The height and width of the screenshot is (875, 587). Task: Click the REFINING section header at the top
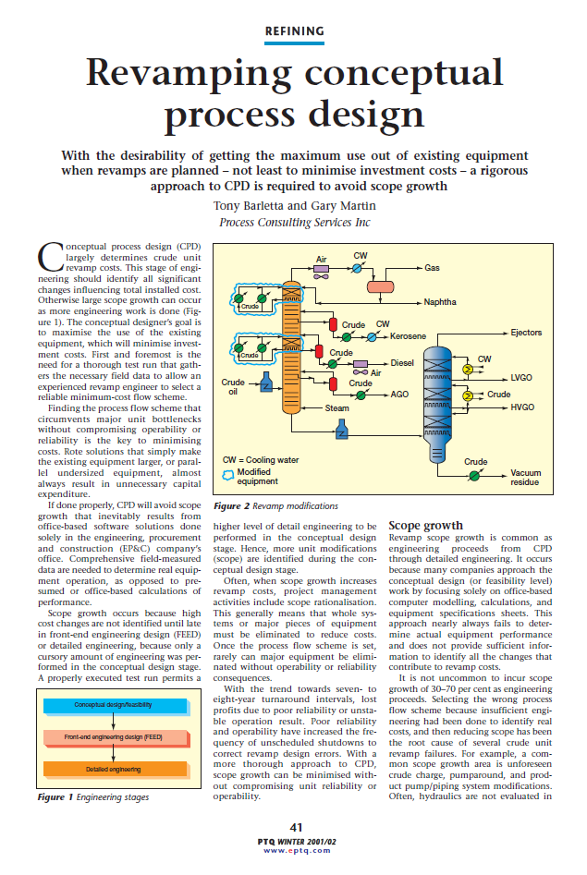[x=294, y=31]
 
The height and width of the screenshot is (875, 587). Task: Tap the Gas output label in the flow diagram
[x=432, y=267]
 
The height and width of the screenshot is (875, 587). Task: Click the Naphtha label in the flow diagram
[x=439, y=302]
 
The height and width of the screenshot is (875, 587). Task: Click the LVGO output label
[x=521, y=378]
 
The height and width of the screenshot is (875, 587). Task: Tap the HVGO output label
[x=522, y=407]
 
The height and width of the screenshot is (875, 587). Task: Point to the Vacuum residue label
[x=526, y=478]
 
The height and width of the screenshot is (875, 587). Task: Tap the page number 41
[x=295, y=826]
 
